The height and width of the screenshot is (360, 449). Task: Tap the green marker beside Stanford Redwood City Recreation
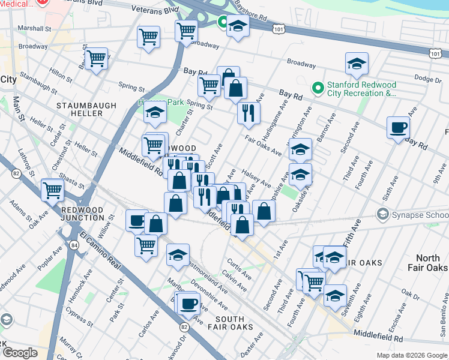point(318,89)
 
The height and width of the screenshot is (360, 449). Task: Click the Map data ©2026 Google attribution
point(412,355)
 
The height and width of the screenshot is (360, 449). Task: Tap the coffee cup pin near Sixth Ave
point(399,127)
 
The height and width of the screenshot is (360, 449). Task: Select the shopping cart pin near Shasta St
point(53,190)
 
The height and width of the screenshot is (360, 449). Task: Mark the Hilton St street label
point(62,73)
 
